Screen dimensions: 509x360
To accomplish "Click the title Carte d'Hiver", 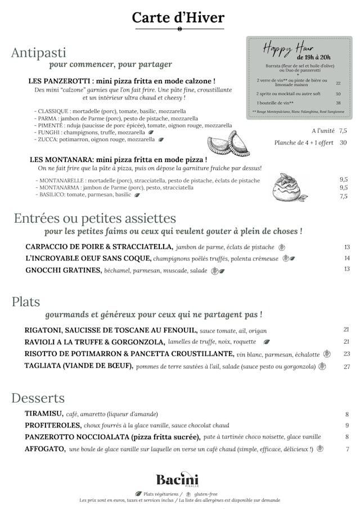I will coord(178,17).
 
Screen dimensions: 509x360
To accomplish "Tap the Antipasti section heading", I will coord(39,53).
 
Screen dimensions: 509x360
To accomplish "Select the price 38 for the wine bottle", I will coord(338,103).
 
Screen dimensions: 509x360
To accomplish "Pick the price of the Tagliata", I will coord(346,367).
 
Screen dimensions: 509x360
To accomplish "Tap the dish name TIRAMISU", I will coord(43,414).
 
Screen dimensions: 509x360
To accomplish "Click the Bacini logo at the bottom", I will coord(177,480).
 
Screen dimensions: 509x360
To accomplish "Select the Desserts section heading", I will coord(38,398).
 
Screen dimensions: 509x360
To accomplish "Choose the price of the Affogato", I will coord(347,449).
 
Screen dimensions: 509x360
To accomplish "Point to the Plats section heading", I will coord(26,302).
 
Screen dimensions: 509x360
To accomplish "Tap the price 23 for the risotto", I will coord(346,354).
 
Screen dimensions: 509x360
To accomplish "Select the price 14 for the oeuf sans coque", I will coord(346,258).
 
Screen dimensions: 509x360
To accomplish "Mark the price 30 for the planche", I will coord(343,142).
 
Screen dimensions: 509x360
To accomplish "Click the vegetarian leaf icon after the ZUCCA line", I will coord(161,139).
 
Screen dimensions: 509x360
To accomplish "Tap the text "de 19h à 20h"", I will coord(313,57).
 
